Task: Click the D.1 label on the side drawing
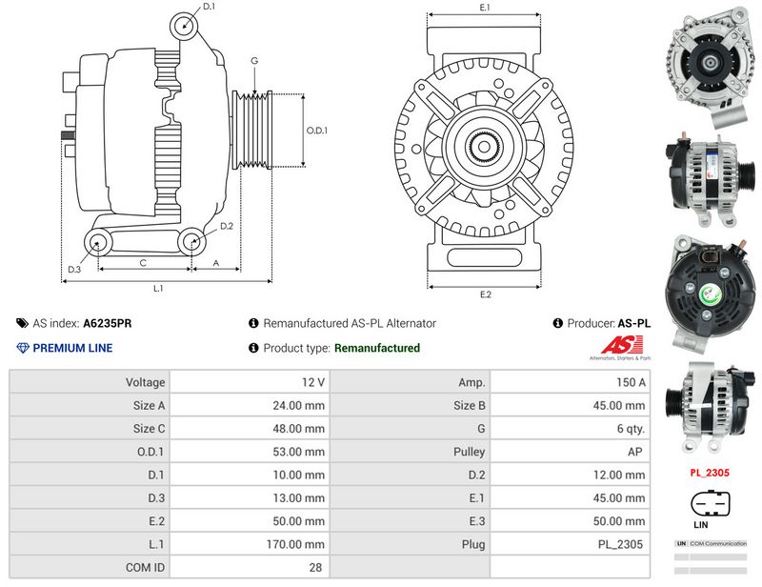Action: pyautogui.click(x=210, y=7)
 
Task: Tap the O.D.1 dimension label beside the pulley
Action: pyautogui.click(x=316, y=131)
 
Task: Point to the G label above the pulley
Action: pyautogui.click(x=254, y=61)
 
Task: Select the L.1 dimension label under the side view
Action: pyautogui.click(x=159, y=288)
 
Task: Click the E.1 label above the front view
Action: pyautogui.click(x=484, y=8)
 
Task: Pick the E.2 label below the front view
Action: pyautogui.click(x=484, y=294)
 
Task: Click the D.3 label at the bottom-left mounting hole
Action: pyautogui.click(x=73, y=269)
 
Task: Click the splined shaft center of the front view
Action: pyautogui.click(x=484, y=148)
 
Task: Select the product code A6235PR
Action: pyautogui.click(x=108, y=323)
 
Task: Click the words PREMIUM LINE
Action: pyautogui.click(x=72, y=348)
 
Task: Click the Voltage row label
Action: pyautogui.click(x=145, y=382)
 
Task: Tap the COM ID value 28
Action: pyautogui.click(x=315, y=567)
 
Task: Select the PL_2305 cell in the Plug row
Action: pyautogui.click(x=621, y=544)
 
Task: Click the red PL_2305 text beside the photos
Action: pyautogui.click(x=710, y=472)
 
